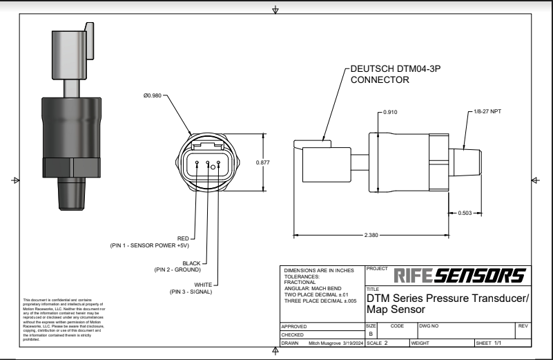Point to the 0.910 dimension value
coord(392,112)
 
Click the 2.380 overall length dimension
coord(371,235)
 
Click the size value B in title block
coord(371,333)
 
